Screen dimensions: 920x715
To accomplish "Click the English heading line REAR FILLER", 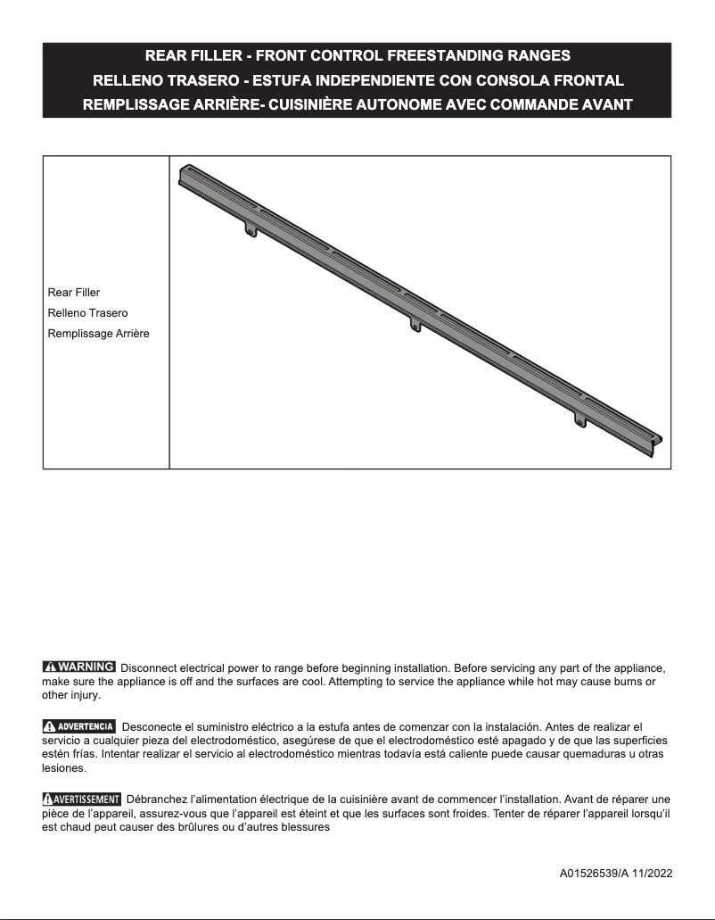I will (357, 56).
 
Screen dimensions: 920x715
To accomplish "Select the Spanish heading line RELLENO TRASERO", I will (357, 80).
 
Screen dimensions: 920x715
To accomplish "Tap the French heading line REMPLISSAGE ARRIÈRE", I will (357, 104).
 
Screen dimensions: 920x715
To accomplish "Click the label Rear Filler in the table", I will (73, 293).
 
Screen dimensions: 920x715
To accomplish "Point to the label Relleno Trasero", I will (87, 313).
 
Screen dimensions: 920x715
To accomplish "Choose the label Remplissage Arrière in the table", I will (98, 334).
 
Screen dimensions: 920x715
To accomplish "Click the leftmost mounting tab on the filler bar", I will (251, 230).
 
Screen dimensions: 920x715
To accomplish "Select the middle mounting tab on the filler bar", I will (415, 325).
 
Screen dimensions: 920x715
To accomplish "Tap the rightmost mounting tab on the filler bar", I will (580, 419).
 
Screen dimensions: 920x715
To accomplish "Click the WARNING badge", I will (78, 667).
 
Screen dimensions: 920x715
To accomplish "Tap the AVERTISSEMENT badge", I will (81, 798).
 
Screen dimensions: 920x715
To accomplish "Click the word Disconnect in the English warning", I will (147, 667).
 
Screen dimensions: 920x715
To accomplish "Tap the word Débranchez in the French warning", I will (157, 799).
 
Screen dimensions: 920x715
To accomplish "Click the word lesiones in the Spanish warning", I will (63, 767).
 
